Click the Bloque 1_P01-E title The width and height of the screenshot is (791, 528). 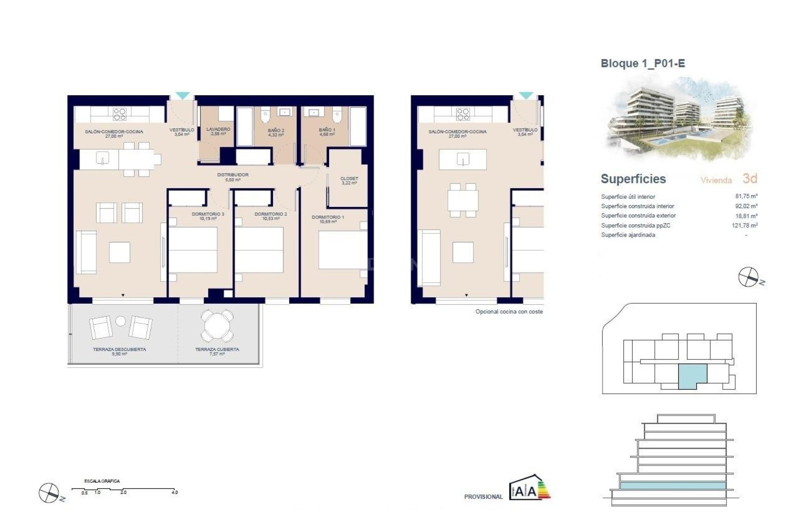point(643,64)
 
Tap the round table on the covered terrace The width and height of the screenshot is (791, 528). point(217,325)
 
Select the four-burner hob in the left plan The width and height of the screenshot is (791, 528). point(119,114)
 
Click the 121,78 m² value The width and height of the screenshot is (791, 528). point(745,225)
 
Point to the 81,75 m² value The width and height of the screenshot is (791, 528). point(746,196)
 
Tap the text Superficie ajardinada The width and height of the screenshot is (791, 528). point(628,235)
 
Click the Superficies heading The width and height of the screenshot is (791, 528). point(633,179)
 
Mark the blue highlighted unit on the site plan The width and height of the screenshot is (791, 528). point(692,376)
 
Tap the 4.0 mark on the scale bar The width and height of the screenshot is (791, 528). point(175,492)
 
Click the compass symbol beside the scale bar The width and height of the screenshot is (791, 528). point(49,493)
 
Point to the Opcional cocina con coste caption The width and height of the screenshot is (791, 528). point(509,312)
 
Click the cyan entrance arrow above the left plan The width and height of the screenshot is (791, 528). point(183,95)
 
